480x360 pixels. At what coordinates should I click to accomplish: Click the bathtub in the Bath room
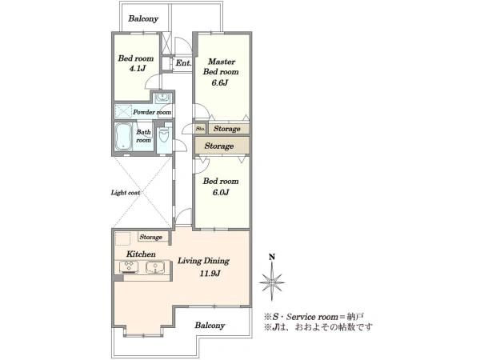point(123,137)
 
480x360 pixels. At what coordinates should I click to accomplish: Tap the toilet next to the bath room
point(164,136)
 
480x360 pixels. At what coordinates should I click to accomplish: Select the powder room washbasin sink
point(162,98)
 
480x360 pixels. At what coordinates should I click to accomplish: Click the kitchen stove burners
point(129,267)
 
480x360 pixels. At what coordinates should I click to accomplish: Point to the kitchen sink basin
point(156,267)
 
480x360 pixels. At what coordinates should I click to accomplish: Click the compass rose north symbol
point(272,282)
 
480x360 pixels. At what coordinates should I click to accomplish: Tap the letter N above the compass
point(271,257)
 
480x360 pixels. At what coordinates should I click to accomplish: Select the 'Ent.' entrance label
point(183,63)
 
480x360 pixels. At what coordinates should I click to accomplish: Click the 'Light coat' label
point(126,193)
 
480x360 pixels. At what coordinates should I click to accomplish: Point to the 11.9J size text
point(210,274)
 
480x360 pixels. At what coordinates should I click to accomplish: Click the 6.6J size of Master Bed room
point(220,82)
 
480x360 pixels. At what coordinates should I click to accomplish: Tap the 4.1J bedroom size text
point(137,69)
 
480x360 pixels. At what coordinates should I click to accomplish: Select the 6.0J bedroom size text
point(221,192)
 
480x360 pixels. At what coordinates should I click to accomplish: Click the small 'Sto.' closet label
point(200,129)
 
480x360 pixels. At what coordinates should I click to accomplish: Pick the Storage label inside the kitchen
point(151,237)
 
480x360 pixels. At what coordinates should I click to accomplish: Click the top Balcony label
point(143,18)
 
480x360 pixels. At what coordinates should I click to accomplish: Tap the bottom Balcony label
point(210,326)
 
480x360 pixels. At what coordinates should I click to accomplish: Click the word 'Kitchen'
point(141,254)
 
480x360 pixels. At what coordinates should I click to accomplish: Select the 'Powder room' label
point(152,112)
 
